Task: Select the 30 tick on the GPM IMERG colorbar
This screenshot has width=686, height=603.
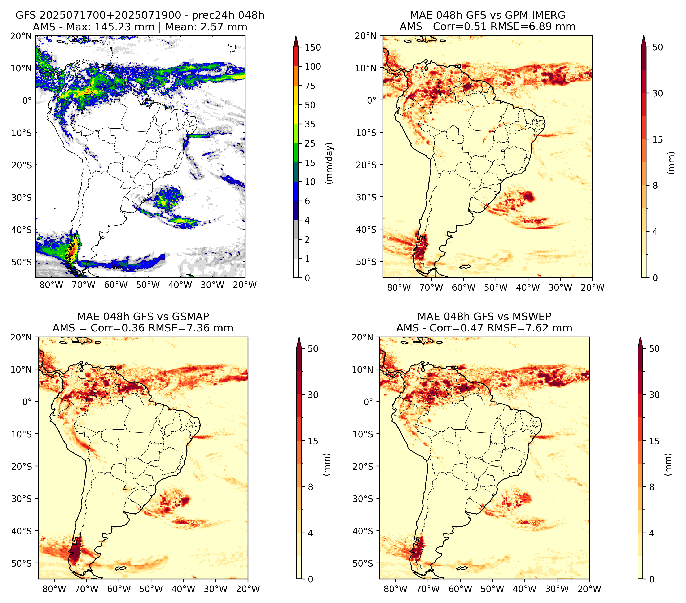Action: click(658, 93)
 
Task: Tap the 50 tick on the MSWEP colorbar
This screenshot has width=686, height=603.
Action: click(654, 349)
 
